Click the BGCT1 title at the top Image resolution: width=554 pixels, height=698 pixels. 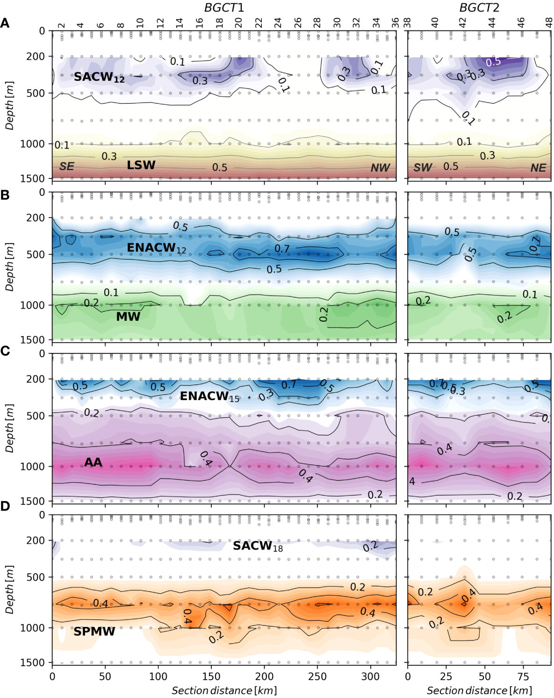click(x=224, y=7)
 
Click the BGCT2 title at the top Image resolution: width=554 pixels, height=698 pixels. click(x=479, y=7)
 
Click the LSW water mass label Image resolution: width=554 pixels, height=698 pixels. click(x=141, y=165)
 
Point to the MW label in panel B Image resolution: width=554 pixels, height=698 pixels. click(x=128, y=317)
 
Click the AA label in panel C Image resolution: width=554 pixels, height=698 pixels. click(x=93, y=462)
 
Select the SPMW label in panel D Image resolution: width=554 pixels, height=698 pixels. click(x=94, y=632)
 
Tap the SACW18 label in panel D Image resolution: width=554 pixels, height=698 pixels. click(x=258, y=546)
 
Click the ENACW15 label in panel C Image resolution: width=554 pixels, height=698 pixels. click(x=209, y=396)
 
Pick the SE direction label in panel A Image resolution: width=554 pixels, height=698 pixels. click(x=66, y=166)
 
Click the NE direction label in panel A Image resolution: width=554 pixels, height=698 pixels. click(x=538, y=168)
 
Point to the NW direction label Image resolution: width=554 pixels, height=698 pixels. click(x=380, y=168)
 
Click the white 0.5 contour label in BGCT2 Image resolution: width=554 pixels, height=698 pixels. click(x=493, y=62)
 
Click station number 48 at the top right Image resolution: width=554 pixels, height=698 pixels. click(x=549, y=23)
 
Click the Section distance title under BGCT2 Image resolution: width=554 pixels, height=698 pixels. click(x=479, y=691)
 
